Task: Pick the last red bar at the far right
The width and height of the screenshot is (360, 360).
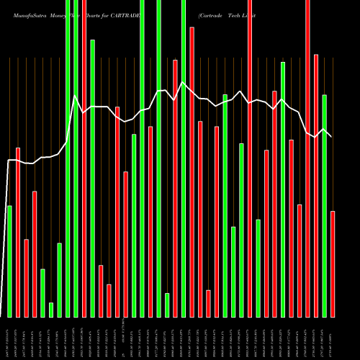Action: (333, 264)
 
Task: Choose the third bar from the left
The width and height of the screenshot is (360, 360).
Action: (26, 278)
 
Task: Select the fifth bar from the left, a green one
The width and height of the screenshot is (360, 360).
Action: (42, 292)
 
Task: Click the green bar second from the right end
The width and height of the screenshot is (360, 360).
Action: (325, 205)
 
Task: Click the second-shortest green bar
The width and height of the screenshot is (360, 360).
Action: (167, 305)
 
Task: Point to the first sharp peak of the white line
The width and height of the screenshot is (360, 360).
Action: (76, 96)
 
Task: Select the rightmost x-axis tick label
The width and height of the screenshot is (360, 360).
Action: (333, 338)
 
